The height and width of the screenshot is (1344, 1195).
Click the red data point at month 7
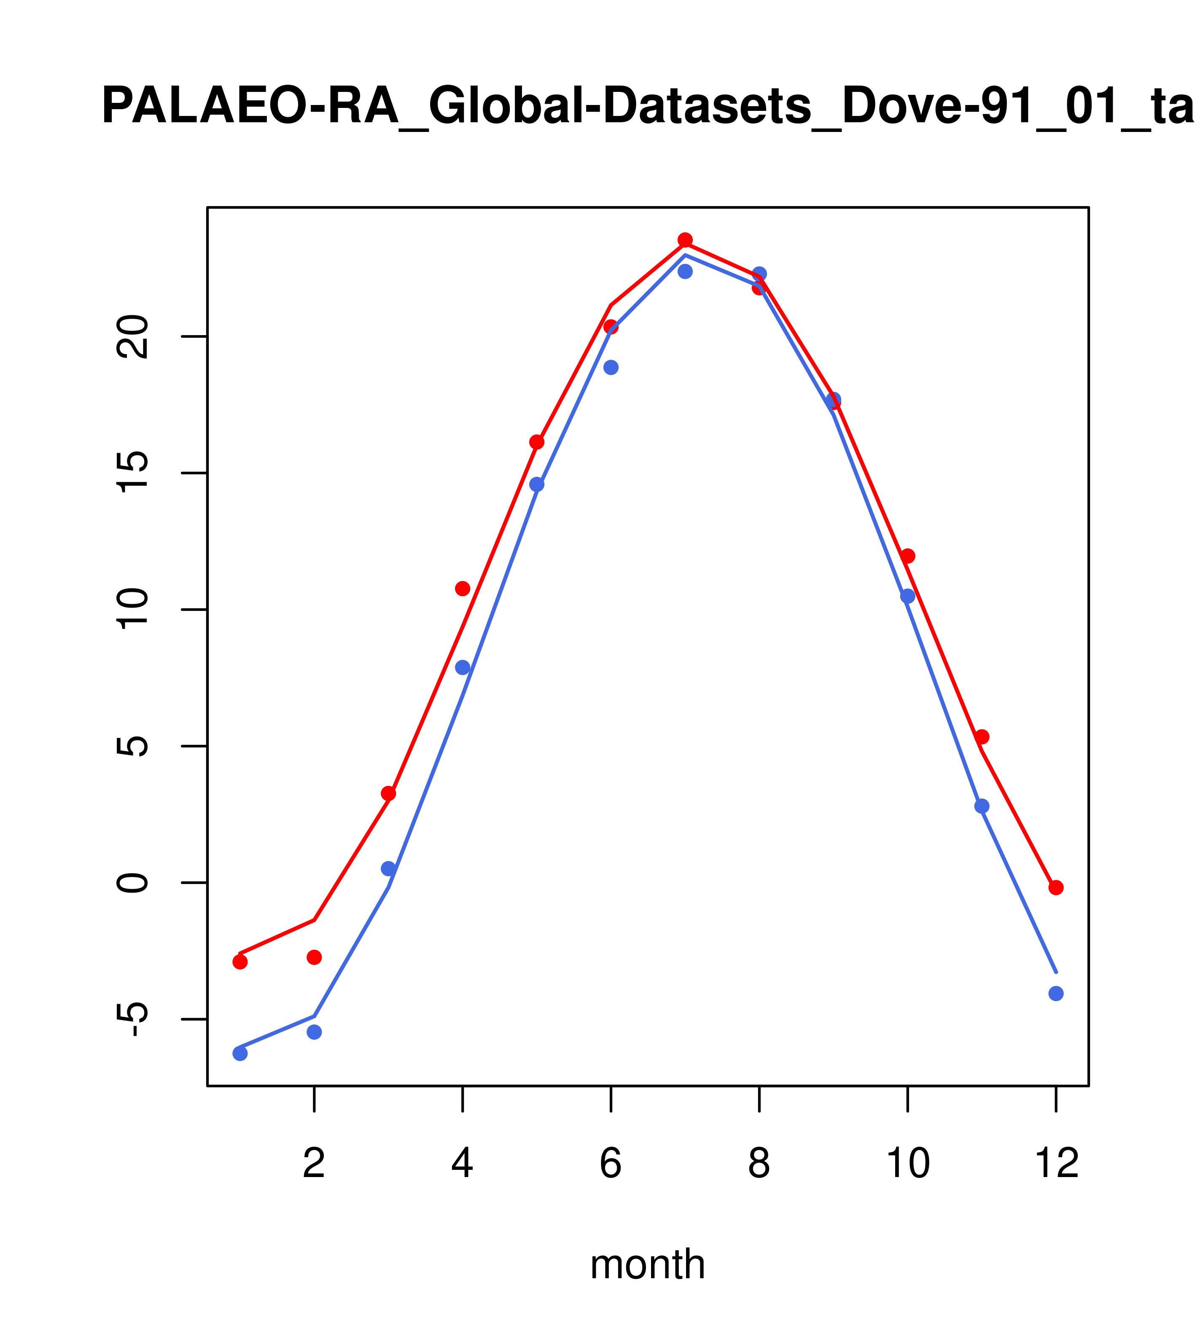685,240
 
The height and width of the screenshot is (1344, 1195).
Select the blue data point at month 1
240,1054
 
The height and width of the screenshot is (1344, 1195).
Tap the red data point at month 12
1055,888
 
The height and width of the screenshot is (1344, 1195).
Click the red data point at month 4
462,589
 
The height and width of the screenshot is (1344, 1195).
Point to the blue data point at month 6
611,368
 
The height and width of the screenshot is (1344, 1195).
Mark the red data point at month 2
315,957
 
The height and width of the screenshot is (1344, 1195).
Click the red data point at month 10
907,556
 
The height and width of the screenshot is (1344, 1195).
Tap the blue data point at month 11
981,806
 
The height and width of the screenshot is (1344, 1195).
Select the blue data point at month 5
537,484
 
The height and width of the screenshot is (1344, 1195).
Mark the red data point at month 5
537,442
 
